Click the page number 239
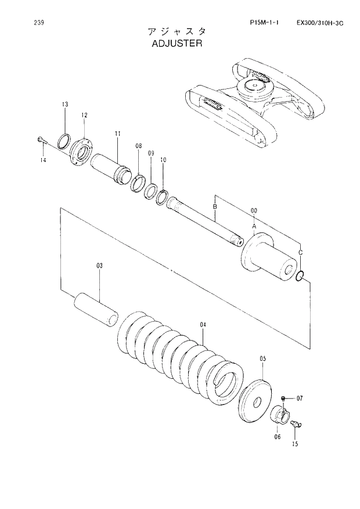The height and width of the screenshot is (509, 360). pyautogui.click(x=39, y=23)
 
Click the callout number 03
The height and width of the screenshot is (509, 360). pyautogui.click(x=99, y=266)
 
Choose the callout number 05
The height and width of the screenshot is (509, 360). pyautogui.click(x=262, y=359)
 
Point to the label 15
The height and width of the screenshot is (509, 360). pyautogui.click(x=295, y=445)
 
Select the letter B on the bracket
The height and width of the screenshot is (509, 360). pyautogui.click(x=215, y=206)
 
